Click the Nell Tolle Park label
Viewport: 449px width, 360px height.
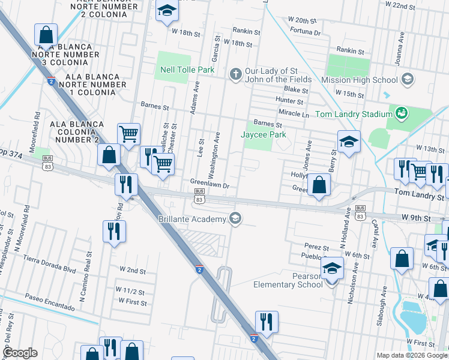tap(187, 70)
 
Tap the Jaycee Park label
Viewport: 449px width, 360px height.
tap(263, 135)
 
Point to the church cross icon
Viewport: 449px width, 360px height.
tap(236, 74)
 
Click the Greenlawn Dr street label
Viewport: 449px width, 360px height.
tap(210, 185)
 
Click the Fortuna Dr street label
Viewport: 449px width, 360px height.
tap(304, 32)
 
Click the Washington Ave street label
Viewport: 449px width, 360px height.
tap(214, 155)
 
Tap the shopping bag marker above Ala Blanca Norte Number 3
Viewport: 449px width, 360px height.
tap(46, 35)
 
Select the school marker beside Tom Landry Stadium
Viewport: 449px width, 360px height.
tap(349, 142)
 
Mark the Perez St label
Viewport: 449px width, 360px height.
tap(317, 247)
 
